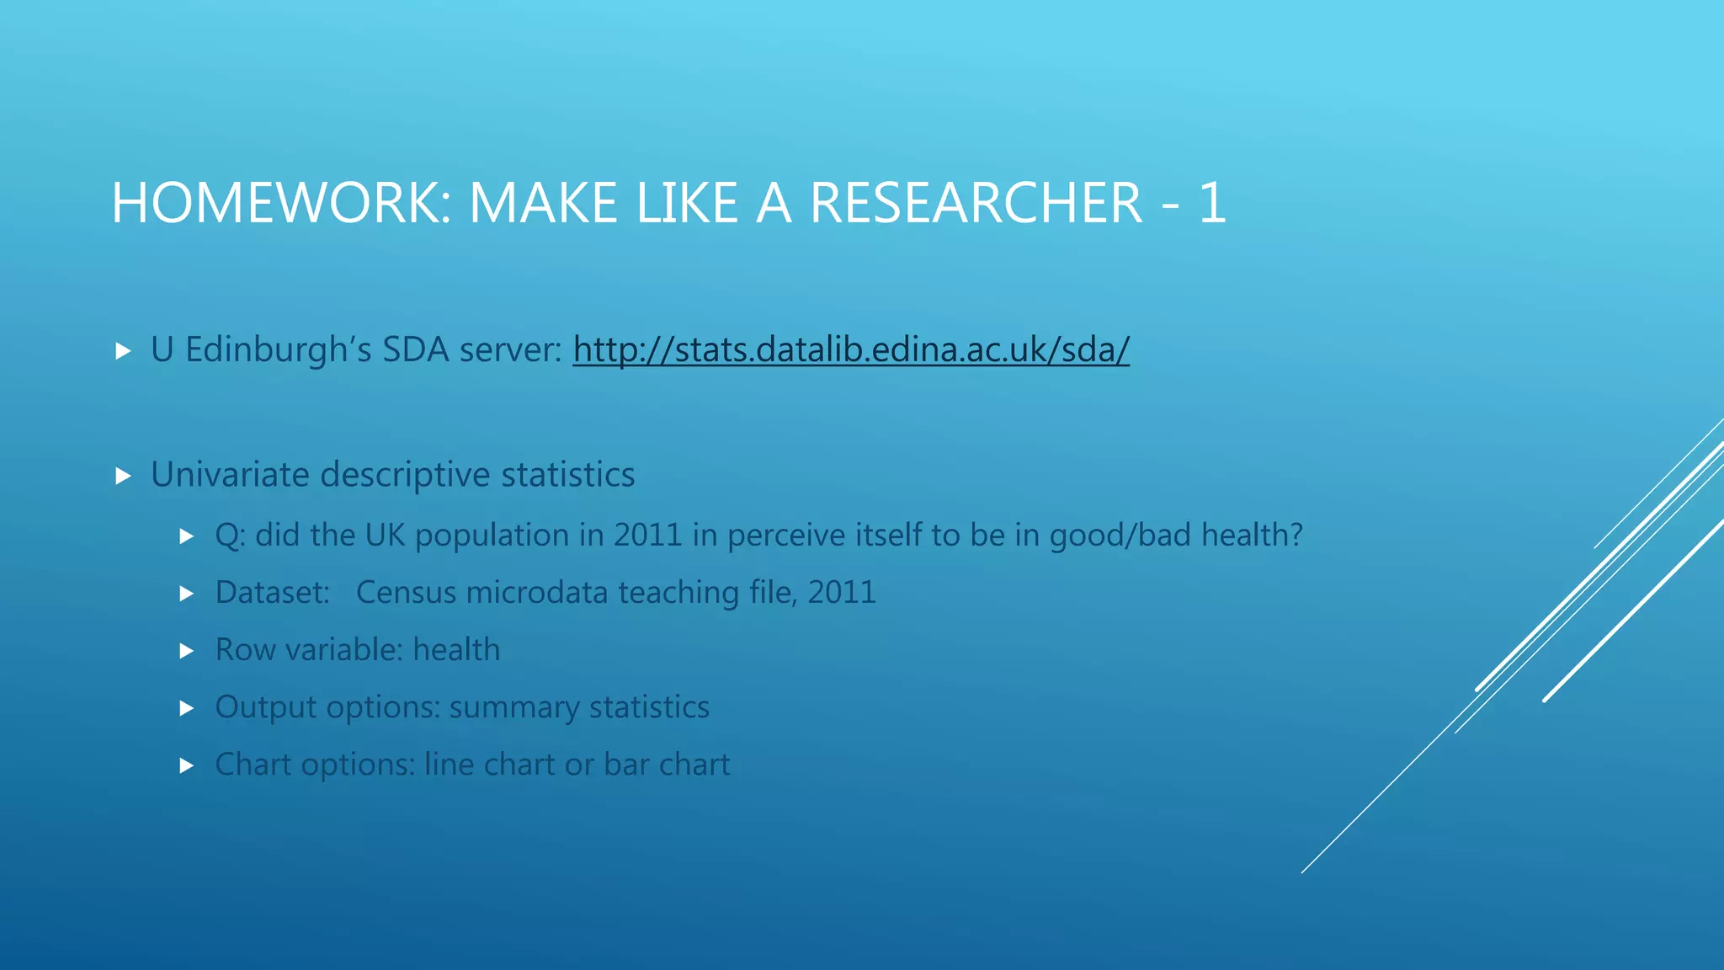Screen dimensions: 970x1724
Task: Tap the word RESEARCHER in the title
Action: pyautogui.click(x=976, y=204)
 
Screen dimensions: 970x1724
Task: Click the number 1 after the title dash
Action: pyautogui.click(x=1211, y=204)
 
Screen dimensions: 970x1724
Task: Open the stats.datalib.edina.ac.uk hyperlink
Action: pyautogui.click(x=851, y=349)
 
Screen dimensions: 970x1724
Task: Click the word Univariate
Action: pyautogui.click(x=230, y=475)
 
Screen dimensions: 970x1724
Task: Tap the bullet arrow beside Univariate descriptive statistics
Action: pyautogui.click(x=124, y=477)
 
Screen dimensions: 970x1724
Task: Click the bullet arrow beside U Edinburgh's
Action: pyautogui.click(x=124, y=351)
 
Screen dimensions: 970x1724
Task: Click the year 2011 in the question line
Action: pyautogui.click(x=647, y=536)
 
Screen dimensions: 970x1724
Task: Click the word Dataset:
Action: pyautogui.click(x=272, y=593)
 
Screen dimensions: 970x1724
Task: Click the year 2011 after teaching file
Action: pyautogui.click(x=841, y=593)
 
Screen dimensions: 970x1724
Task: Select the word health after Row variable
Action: pyautogui.click(x=456, y=650)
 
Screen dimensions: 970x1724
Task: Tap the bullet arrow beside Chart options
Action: pyautogui.click(x=188, y=766)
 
